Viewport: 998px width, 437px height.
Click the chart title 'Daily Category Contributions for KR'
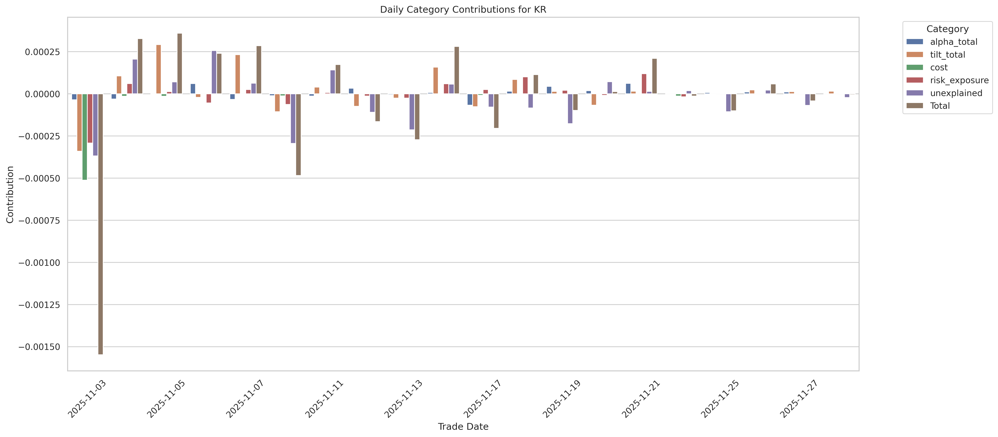(x=463, y=10)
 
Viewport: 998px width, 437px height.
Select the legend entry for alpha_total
(x=953, y=42)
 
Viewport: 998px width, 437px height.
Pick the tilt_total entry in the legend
(x=947, y=55)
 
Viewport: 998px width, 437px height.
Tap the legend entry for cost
(x=939, y=67)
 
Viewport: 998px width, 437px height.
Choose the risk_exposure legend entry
(x=959, y=80)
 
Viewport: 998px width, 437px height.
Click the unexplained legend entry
(x=956, y=93)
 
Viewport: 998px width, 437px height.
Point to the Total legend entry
(x=939, y=106)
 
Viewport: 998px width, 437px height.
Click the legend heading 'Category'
(x=947, y=29)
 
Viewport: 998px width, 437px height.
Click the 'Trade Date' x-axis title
(x=463, y=427)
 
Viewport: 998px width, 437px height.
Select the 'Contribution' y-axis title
(x=10, y=195)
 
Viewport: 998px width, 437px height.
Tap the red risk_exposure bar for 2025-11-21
(x=644, y=84)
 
